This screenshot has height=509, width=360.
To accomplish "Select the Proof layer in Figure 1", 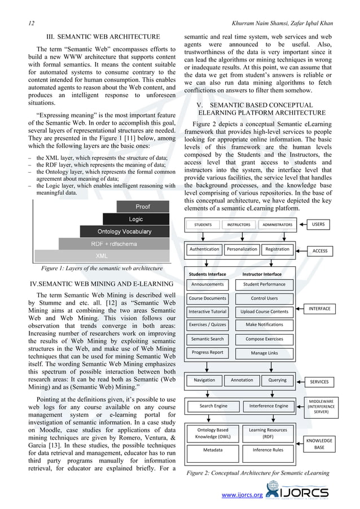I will tap(142, 207).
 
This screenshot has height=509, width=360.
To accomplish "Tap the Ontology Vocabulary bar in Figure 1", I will tap(124, 231).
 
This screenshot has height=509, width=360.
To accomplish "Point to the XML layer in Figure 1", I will tap(102, 256).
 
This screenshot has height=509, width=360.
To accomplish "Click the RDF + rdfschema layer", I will tap(113, 244).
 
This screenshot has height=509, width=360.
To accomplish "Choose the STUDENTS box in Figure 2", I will tap(203, 225).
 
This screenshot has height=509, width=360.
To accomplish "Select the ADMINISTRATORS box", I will tap(277, 225).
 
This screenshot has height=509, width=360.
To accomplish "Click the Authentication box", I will tap(204, 249).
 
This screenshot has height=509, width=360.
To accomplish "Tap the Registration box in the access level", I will tap(277, 249).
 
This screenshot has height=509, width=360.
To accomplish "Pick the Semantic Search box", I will tap(207, 339).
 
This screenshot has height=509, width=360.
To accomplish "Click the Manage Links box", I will tap(264, 353).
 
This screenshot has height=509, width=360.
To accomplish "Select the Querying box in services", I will tap(277, 380).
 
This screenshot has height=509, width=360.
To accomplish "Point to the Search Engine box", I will tap(213, 406).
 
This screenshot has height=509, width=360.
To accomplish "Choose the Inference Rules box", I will tap(268, 450).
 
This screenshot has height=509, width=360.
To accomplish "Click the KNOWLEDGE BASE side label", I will tap(319, 443).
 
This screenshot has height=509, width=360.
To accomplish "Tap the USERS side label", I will tap(320, 225).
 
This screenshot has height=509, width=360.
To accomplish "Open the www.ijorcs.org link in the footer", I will tap(242, 495).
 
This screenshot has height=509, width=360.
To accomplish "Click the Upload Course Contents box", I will tap(264, 311).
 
